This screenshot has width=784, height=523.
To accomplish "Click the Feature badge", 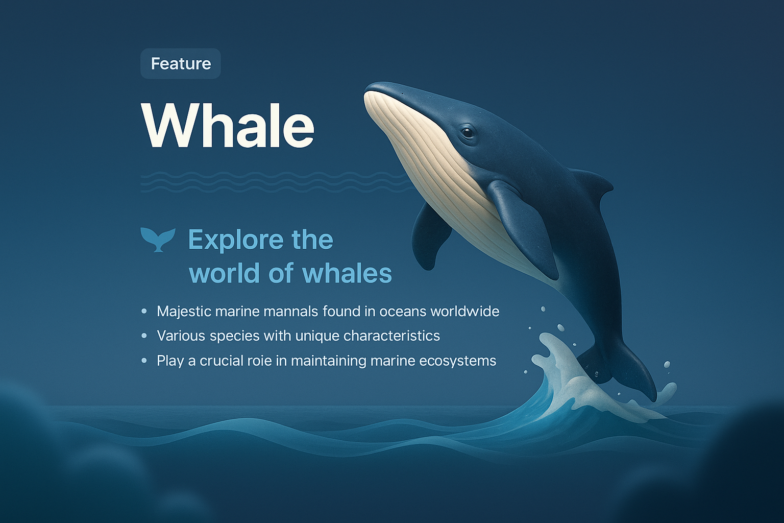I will tap(180, 64).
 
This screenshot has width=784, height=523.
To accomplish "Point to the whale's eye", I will tap(467, 133).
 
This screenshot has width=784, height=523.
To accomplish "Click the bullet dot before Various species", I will tap(144, 336).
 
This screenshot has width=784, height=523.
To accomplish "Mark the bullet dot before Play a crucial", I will tap(144, 361).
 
